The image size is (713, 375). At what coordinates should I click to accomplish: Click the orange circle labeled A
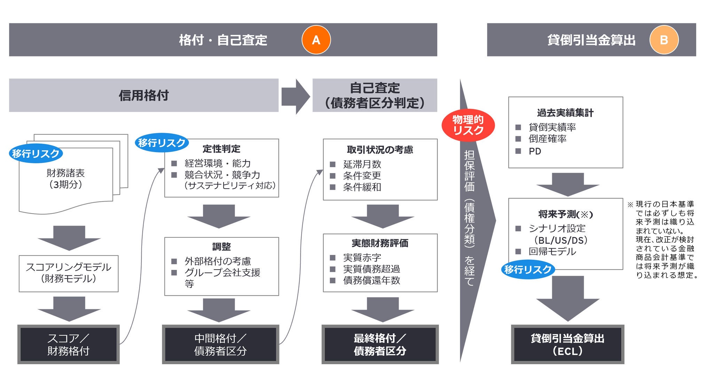click(x=316, y=40)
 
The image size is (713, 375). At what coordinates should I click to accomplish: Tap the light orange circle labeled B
click(x=664, y=40)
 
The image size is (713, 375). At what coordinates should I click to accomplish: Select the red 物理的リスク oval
click(x=468, y=125)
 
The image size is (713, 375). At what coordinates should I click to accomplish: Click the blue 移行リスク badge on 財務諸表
click(x=36, y=154)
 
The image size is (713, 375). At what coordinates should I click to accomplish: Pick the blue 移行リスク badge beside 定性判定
click(x=162, y=143)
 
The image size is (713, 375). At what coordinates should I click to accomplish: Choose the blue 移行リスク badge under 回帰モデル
click(x=528, y=269)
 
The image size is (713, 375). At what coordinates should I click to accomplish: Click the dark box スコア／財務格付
click(x=69, y=344)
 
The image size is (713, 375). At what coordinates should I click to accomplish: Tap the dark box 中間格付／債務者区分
click(x=220, y=344)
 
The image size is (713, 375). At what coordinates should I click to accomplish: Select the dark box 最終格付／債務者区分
click(x=380, y=344)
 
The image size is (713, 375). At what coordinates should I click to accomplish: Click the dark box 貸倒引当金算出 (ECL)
click(x=567, y=344)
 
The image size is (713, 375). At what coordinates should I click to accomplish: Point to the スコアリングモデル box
click(x=69, y=273)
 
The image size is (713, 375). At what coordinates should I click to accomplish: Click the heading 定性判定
click(x=221, y=149)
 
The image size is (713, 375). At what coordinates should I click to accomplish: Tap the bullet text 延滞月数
click(x=362, y=164)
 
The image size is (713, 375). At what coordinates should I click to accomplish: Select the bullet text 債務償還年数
click(x=371, y=280)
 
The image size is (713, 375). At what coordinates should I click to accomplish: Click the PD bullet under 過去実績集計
click(x=535, y=151)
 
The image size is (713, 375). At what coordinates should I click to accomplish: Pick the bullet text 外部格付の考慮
click(x=218, y=261)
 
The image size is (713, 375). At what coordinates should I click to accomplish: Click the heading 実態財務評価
click(x=380, y=243)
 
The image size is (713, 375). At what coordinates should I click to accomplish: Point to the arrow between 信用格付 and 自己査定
click(x=295, y=96)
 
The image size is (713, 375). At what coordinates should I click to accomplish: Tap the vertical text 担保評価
click(x=469, y=171)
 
